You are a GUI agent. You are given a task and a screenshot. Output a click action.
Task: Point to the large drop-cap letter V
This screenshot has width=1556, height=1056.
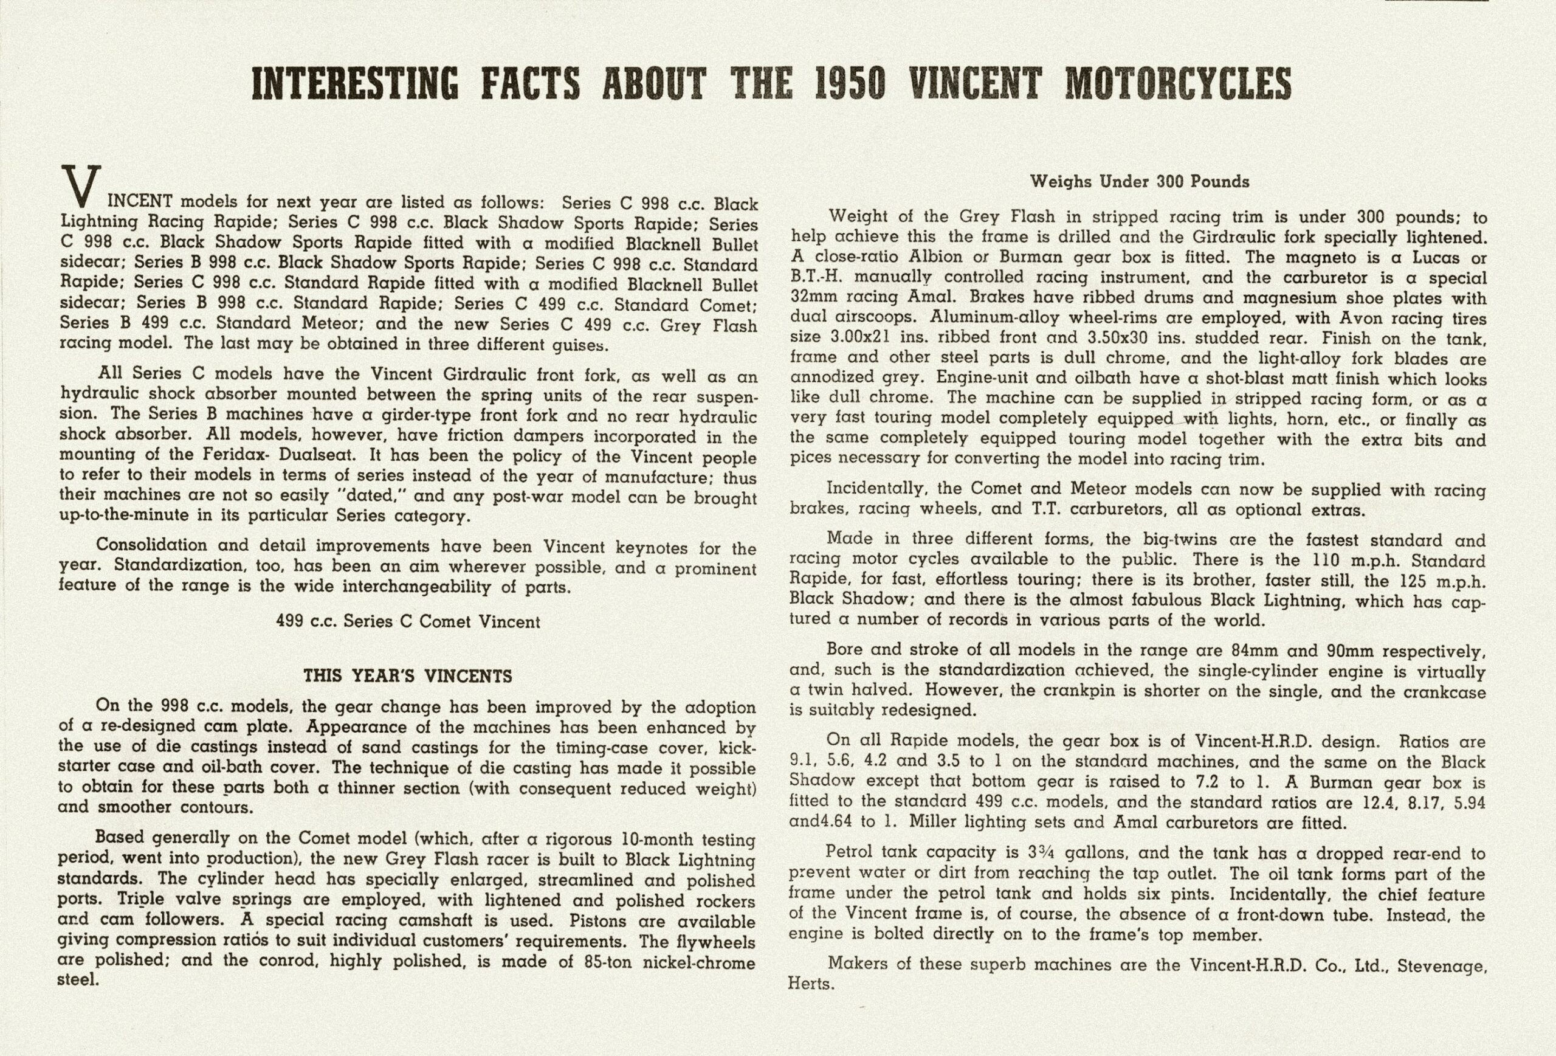tap(81, 186)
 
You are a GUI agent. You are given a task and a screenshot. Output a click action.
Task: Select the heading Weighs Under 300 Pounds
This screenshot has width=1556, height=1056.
tap(1139, 181)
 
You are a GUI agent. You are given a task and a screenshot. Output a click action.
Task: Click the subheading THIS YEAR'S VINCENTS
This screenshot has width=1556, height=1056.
tap(408, 675)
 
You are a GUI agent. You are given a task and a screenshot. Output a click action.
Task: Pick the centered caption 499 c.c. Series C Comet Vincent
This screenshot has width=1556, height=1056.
tap(408, 621)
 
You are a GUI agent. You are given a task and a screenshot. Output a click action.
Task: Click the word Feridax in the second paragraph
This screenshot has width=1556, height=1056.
tap(233, 455)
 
